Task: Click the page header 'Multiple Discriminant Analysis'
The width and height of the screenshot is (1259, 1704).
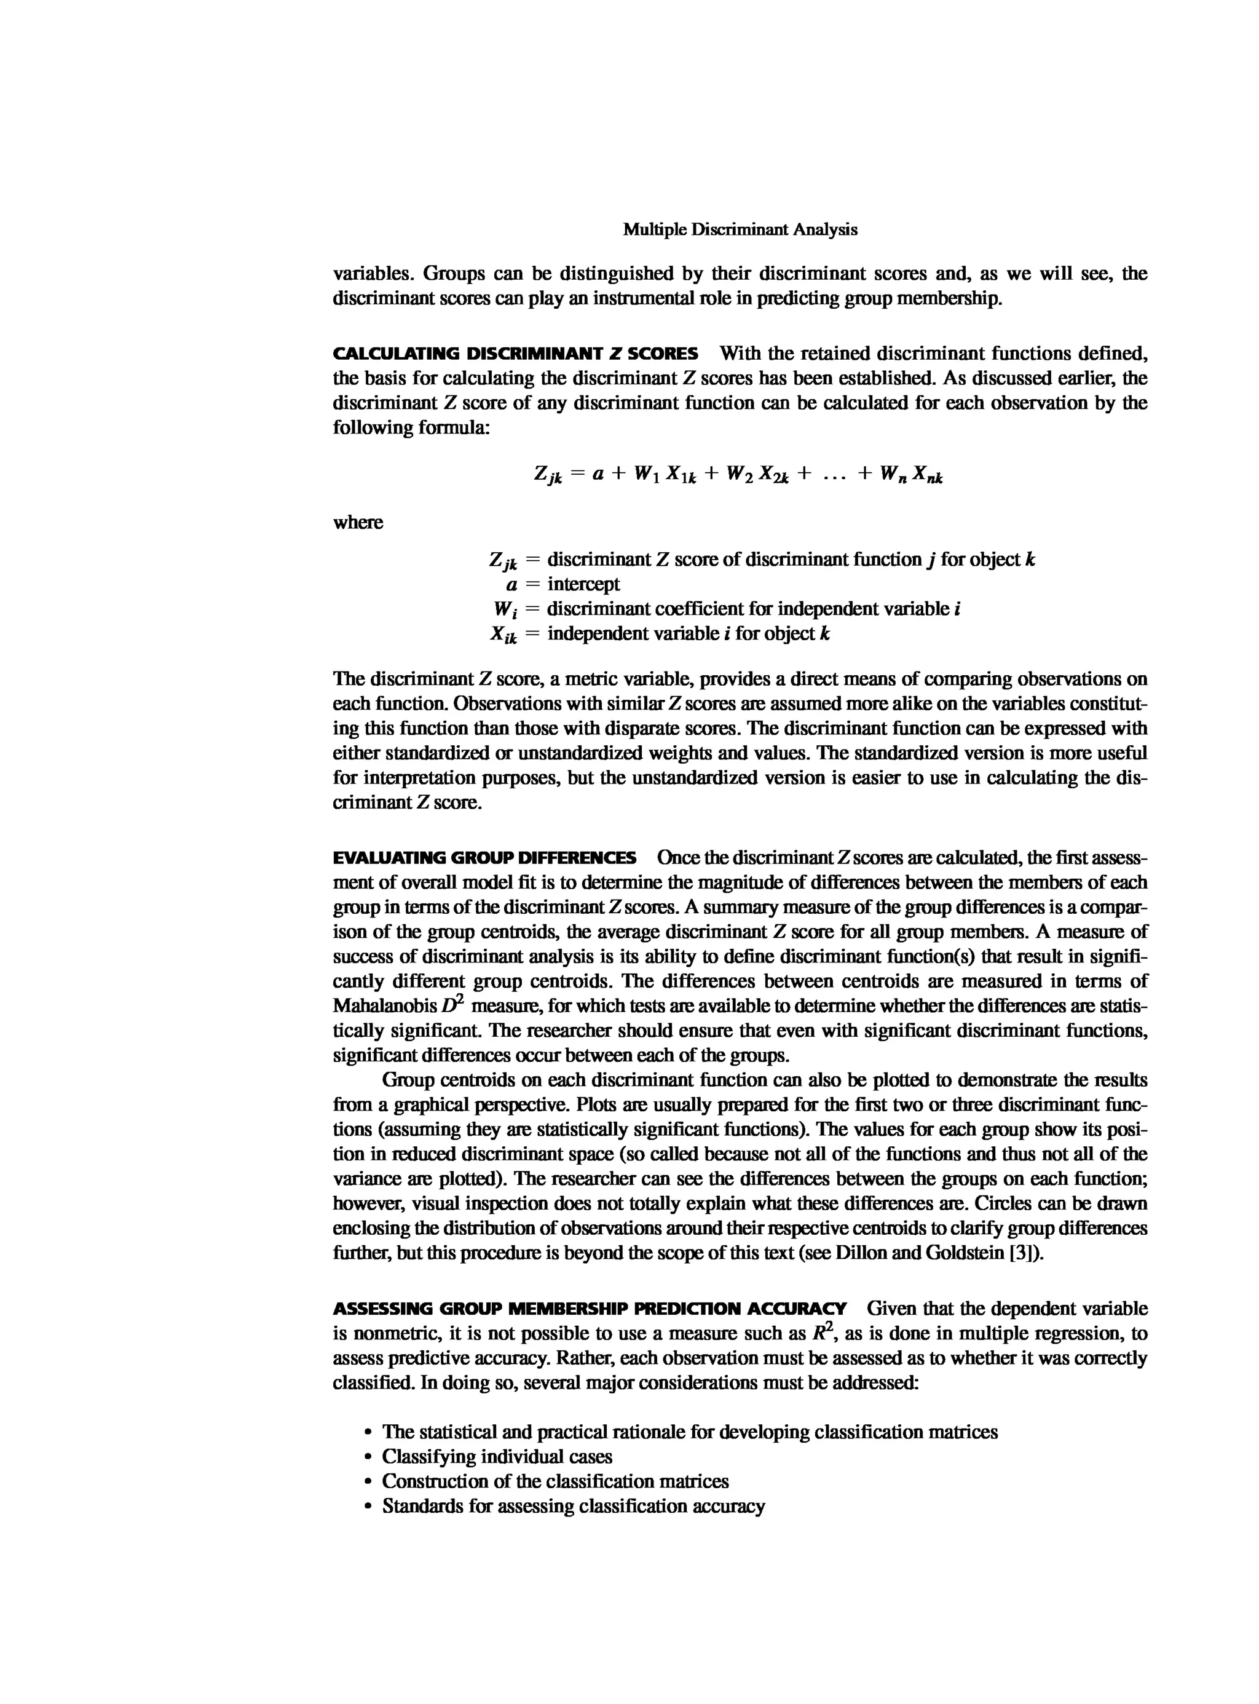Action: (x=740, y=229)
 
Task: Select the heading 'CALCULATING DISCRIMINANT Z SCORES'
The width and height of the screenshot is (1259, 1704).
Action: (x=515, y=354)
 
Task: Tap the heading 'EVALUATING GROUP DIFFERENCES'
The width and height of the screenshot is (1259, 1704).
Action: (x=484, y=858)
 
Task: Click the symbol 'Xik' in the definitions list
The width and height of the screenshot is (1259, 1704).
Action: (x=503, y=635)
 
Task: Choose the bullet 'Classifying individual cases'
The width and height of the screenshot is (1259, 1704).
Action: (x=496, y=1457)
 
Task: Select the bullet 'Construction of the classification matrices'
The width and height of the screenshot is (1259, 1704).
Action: (x=555, y=1481)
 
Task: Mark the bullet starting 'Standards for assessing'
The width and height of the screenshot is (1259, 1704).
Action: (x=573, y=1507)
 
